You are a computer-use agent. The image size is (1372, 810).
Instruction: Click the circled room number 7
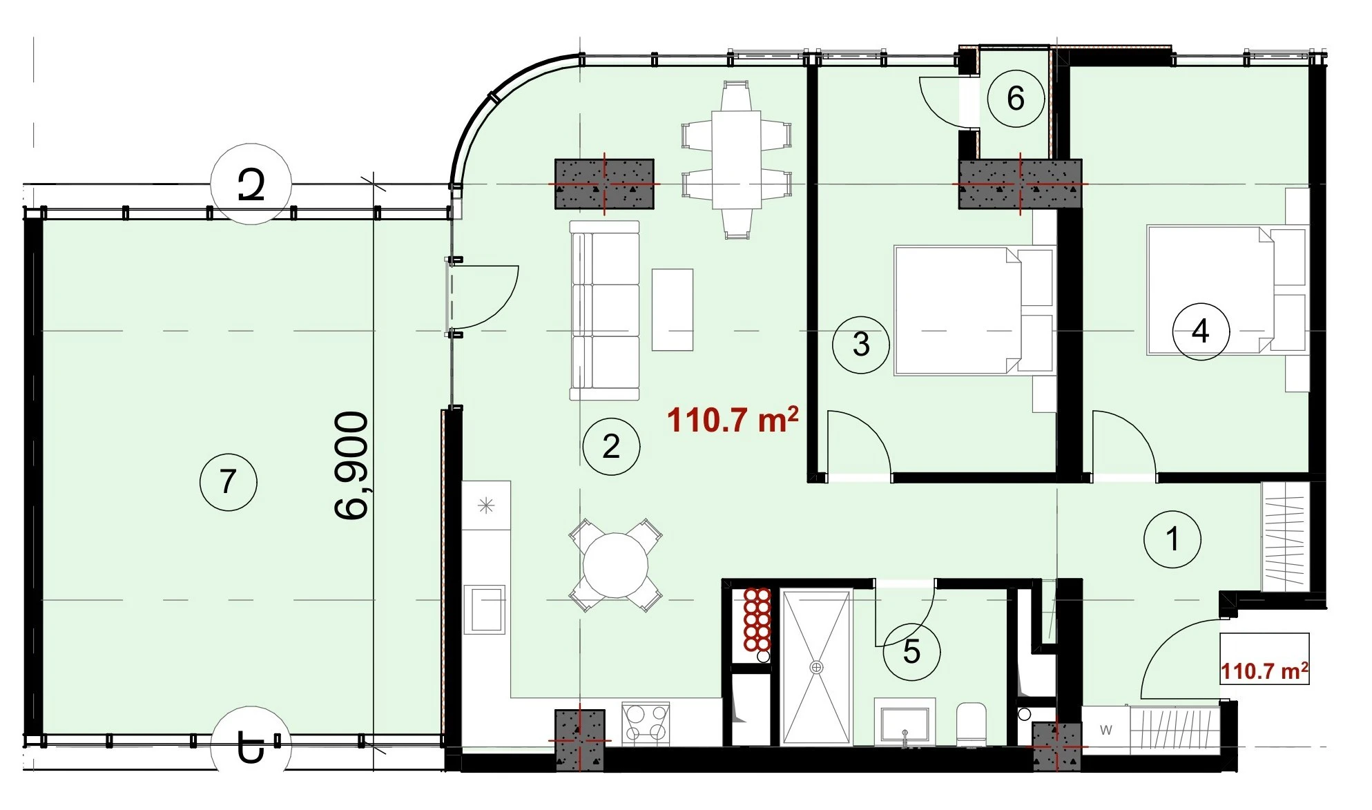[228, 481]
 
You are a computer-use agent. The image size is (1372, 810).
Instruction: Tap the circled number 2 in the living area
[611, 447]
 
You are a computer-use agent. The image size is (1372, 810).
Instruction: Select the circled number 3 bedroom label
[860, 345]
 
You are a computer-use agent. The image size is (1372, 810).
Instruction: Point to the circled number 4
[1201, 331]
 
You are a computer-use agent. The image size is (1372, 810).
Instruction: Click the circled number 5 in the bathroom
[911, 652]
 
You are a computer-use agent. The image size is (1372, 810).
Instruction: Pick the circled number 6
[1015, 99]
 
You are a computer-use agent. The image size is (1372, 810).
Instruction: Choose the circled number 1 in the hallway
[1172, 539]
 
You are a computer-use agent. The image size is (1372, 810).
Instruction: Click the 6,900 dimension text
[351, 465]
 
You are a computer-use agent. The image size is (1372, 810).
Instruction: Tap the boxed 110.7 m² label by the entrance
[1265, 671]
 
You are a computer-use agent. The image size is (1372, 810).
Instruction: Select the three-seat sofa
[605, 311]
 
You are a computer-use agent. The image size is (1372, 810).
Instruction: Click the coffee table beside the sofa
[673, 309]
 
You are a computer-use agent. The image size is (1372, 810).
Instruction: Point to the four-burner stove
[646, 723]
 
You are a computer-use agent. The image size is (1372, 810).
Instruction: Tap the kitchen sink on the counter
[484, 609]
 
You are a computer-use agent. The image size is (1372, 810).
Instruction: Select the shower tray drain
[818, 667]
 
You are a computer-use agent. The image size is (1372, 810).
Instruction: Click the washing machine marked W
[1106, 729]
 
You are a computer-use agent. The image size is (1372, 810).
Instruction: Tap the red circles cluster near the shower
[757, 619]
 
